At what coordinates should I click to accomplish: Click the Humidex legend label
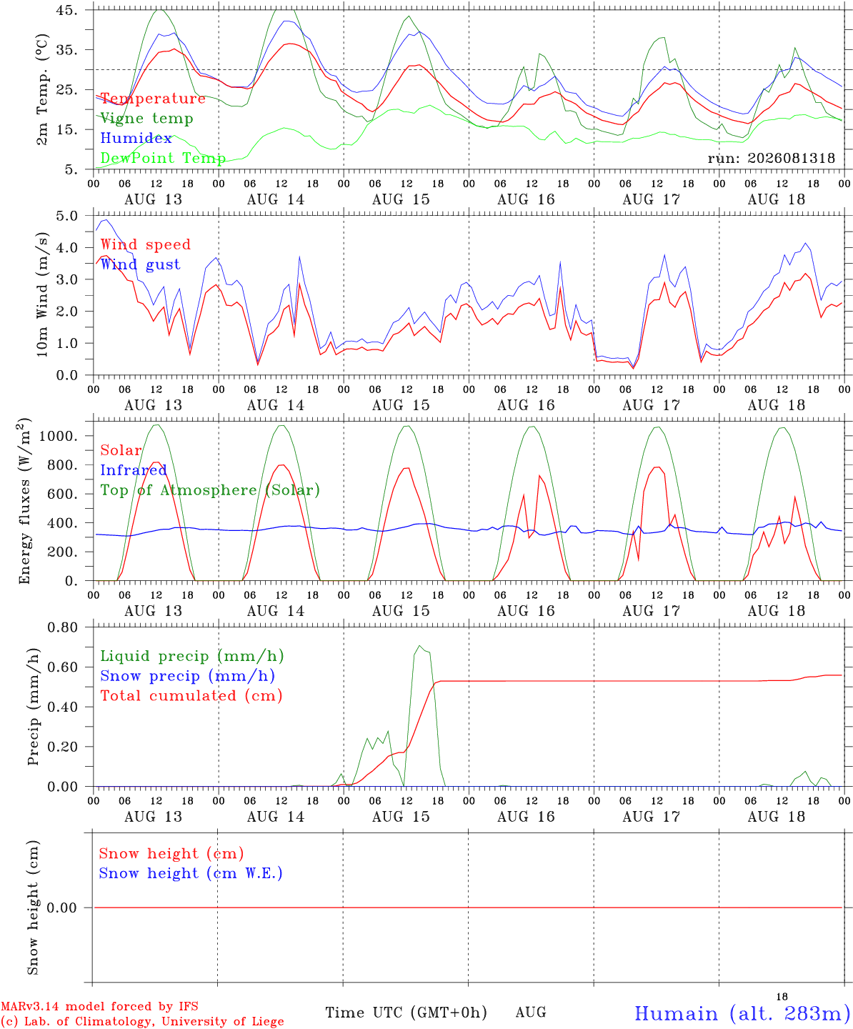coord(136,138)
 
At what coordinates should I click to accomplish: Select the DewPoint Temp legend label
coord(163,158)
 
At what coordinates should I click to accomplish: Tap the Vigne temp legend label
coord(147,119)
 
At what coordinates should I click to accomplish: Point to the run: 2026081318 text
coord(771,158)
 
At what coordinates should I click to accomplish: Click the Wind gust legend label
coord(141,264)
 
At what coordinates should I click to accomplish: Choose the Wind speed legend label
coord(145,245)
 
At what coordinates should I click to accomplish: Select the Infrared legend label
coord(134,470)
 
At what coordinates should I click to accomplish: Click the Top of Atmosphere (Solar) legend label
coord(211,490)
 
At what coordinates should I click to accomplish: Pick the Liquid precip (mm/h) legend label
coord(192,657)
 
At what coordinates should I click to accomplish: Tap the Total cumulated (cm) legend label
coord(191,696)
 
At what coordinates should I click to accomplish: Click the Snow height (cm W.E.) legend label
coord(191,873)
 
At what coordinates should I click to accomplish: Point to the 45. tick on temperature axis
coord(67,10)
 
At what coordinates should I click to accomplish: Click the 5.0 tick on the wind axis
coord(66,216)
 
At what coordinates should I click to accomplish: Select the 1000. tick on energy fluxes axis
coord(59,436)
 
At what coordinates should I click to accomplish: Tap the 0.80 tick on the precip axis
coord(63,627)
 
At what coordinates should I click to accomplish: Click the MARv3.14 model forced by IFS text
coord(99,1006)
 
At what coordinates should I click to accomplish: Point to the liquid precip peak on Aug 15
coord(419,645)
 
